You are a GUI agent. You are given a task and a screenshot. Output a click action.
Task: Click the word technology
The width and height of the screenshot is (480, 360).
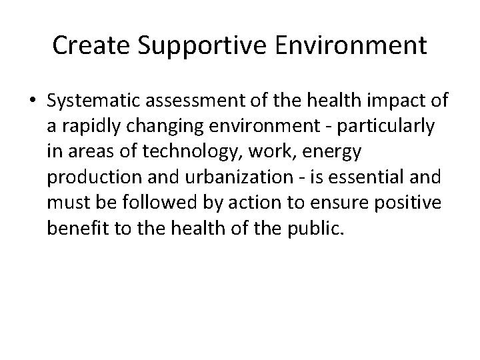point(209,152)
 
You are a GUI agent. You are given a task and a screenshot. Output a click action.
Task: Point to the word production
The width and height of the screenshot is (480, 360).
point(90,177)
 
